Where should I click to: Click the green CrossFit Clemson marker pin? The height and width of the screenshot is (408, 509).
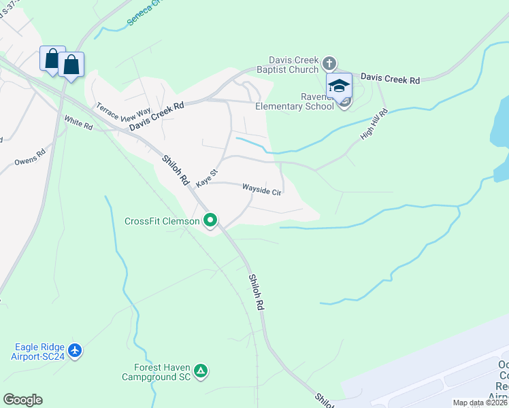click(210, 220)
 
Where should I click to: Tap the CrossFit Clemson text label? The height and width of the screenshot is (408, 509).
click(162, 221)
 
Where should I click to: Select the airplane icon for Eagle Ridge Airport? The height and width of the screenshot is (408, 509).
click(75, 350)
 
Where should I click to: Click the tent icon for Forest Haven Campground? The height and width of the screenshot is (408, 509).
click(200, 371)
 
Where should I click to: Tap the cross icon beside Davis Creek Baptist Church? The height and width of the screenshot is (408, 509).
click(329, 64)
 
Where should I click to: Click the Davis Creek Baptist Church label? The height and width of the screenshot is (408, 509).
click(293, 65)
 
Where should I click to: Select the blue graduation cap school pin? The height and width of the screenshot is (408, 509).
click(339, 86)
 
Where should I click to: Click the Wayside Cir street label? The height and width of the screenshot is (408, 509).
click(262, 190)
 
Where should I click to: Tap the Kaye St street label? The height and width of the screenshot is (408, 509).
click(206, 179)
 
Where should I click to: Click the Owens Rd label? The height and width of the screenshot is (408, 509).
click(29, 158)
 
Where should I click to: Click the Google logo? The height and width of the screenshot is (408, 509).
click(22, 400)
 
